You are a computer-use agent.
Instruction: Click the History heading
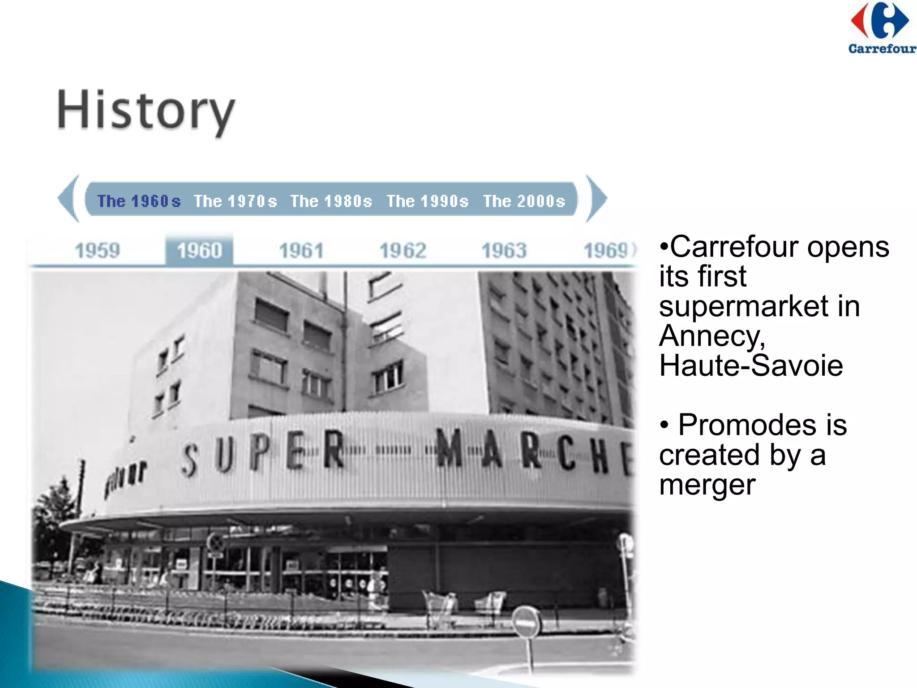(x=146, y=111)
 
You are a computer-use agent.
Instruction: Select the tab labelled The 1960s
(x=139, y=201)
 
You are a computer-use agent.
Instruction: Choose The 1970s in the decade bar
(x=235, y=201)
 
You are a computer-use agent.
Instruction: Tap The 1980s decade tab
(x=331, y=201)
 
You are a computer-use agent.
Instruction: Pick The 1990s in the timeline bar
(x=428, y=201)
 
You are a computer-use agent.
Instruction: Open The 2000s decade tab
(x=524, y=201)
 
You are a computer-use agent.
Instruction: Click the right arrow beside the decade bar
(x=596, y=198)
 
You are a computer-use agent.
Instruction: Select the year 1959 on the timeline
(x=98, y=250)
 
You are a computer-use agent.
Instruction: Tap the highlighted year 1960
(x=199, y=250)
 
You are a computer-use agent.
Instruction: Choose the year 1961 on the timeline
(x=301, y=250)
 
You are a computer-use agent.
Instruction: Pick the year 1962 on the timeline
(x=403, y=250)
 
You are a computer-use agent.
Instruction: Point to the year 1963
(x=504, y=250)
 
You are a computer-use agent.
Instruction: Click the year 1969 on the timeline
(x=607, y=250)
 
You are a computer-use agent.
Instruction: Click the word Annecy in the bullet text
(x=712, y=336)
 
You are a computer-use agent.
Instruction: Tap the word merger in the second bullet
(x=707, y=485)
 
